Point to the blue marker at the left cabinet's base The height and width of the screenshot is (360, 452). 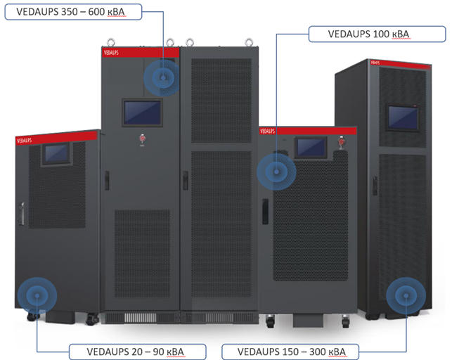click(x=34, y=295)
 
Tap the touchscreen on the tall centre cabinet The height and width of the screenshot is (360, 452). click(x=142, y=111)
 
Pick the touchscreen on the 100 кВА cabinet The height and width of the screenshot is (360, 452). click(x=310, y=147)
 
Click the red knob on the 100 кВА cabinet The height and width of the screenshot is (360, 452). click(x=343, y=141)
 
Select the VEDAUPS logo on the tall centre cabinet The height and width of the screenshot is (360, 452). click(x=112, y=52)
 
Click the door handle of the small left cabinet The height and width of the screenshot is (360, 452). click(x=22, y=214)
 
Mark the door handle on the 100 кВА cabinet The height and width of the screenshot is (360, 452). click(x=266, y=210)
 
